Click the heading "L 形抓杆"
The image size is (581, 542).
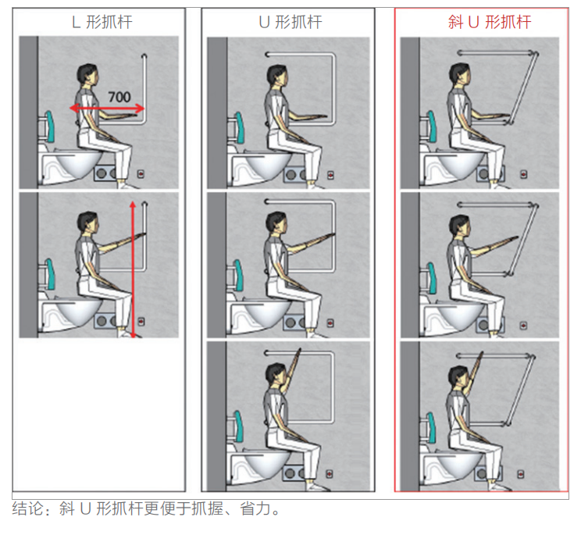click(x=102, y=22)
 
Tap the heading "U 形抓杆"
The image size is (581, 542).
click(x=290, y=22)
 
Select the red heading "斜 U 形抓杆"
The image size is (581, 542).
click(x=490, y=22)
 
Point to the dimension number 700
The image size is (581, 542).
click(x=119, y=97)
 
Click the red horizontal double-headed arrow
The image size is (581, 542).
click(x=107, y=109)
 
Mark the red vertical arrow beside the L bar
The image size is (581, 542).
click(x=133, y=269)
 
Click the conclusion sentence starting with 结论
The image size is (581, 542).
click(x=146, y=508)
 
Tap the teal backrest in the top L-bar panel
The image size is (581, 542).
click(x=50, y=126)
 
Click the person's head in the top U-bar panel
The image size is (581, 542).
click(x=276, y=76)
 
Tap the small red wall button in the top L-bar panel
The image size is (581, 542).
click(x=141, y=173)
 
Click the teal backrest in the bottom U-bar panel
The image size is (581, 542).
click(x=239, y=426)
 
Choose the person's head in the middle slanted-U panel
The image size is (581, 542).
click(x=459, y=226)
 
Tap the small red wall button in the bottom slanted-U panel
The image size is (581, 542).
click(x=521, y=474)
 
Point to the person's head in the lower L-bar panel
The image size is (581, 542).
click(x=88, y=223)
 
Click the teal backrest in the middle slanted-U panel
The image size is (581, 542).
click(x=431, y=278)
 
